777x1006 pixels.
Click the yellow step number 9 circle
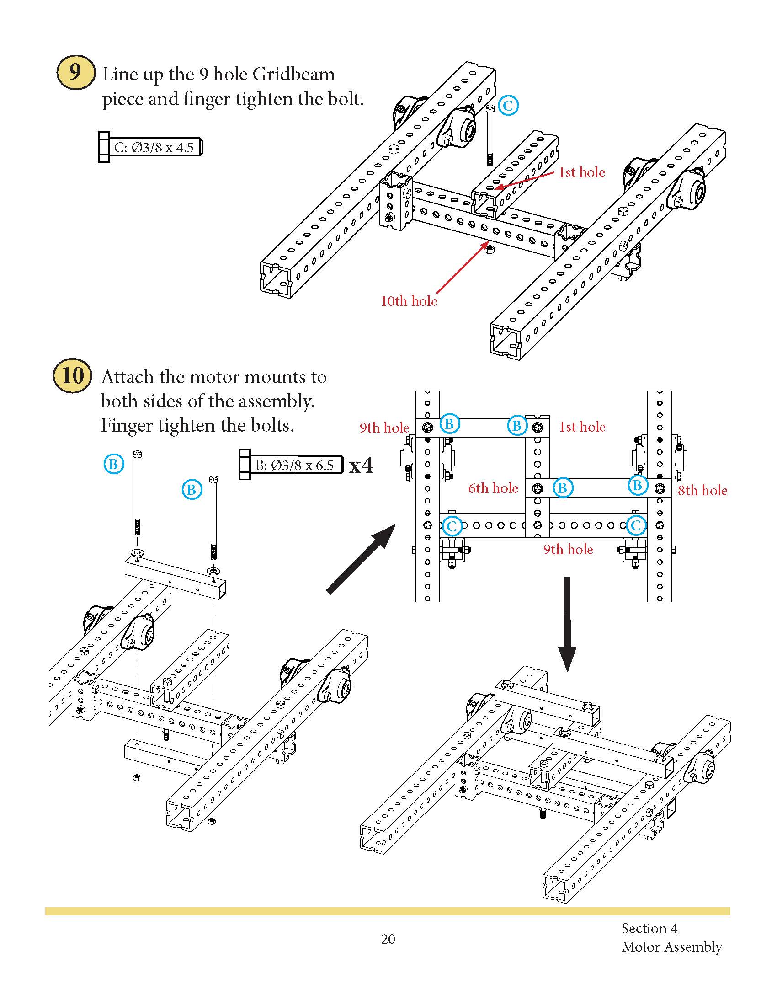75,72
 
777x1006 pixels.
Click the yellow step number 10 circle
72,375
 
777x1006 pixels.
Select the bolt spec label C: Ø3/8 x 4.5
154,147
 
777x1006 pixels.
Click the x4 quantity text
362,466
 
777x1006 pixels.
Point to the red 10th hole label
409,301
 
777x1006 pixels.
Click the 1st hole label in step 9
581,172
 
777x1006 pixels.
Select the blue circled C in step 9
508,106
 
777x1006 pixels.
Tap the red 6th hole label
493,488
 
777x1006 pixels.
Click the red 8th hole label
702,491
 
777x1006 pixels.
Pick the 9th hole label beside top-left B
384,428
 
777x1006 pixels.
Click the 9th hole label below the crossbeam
568,550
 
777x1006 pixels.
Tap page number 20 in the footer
388,939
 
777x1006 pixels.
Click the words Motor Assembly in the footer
671,947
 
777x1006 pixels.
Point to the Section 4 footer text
649,928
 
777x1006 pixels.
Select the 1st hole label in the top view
582,427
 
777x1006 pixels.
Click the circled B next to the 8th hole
638,485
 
